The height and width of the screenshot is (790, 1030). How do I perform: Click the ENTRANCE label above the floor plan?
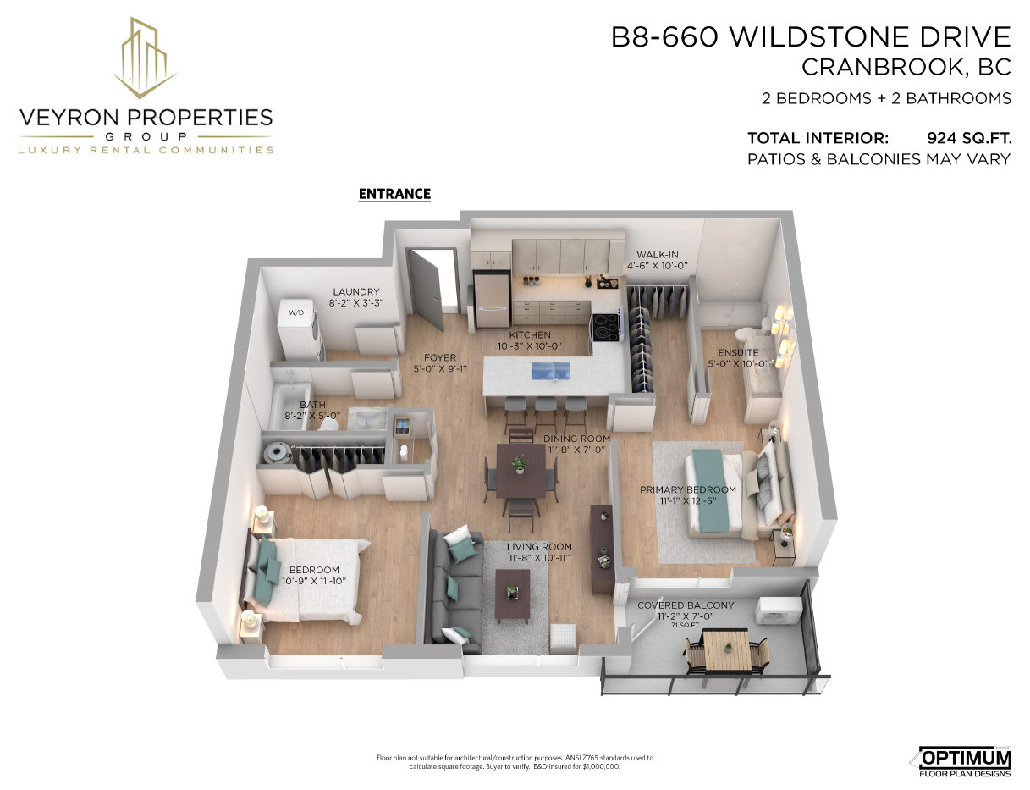tap(394, 194)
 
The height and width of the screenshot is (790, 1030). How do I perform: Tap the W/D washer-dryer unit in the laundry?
tap(300, 329)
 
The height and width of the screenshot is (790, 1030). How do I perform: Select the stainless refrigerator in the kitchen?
tap(492, 300)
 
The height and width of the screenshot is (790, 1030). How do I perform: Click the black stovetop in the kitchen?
tap(606, 327)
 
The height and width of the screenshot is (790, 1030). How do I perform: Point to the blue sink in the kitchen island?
tap(550, 371)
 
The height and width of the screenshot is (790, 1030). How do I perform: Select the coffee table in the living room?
tap(512, 596)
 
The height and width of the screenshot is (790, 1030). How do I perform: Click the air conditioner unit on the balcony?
tap(779, 611)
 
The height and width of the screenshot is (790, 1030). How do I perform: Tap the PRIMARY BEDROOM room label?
tap(688, 489)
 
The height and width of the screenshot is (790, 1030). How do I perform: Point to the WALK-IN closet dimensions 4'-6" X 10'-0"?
tap(658, 266)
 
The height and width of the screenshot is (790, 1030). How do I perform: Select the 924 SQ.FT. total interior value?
tap(969, 138)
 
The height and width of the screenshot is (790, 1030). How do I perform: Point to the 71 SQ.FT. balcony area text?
tap(686, 626)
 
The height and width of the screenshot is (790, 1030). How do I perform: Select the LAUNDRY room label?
tap(356, 291)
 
